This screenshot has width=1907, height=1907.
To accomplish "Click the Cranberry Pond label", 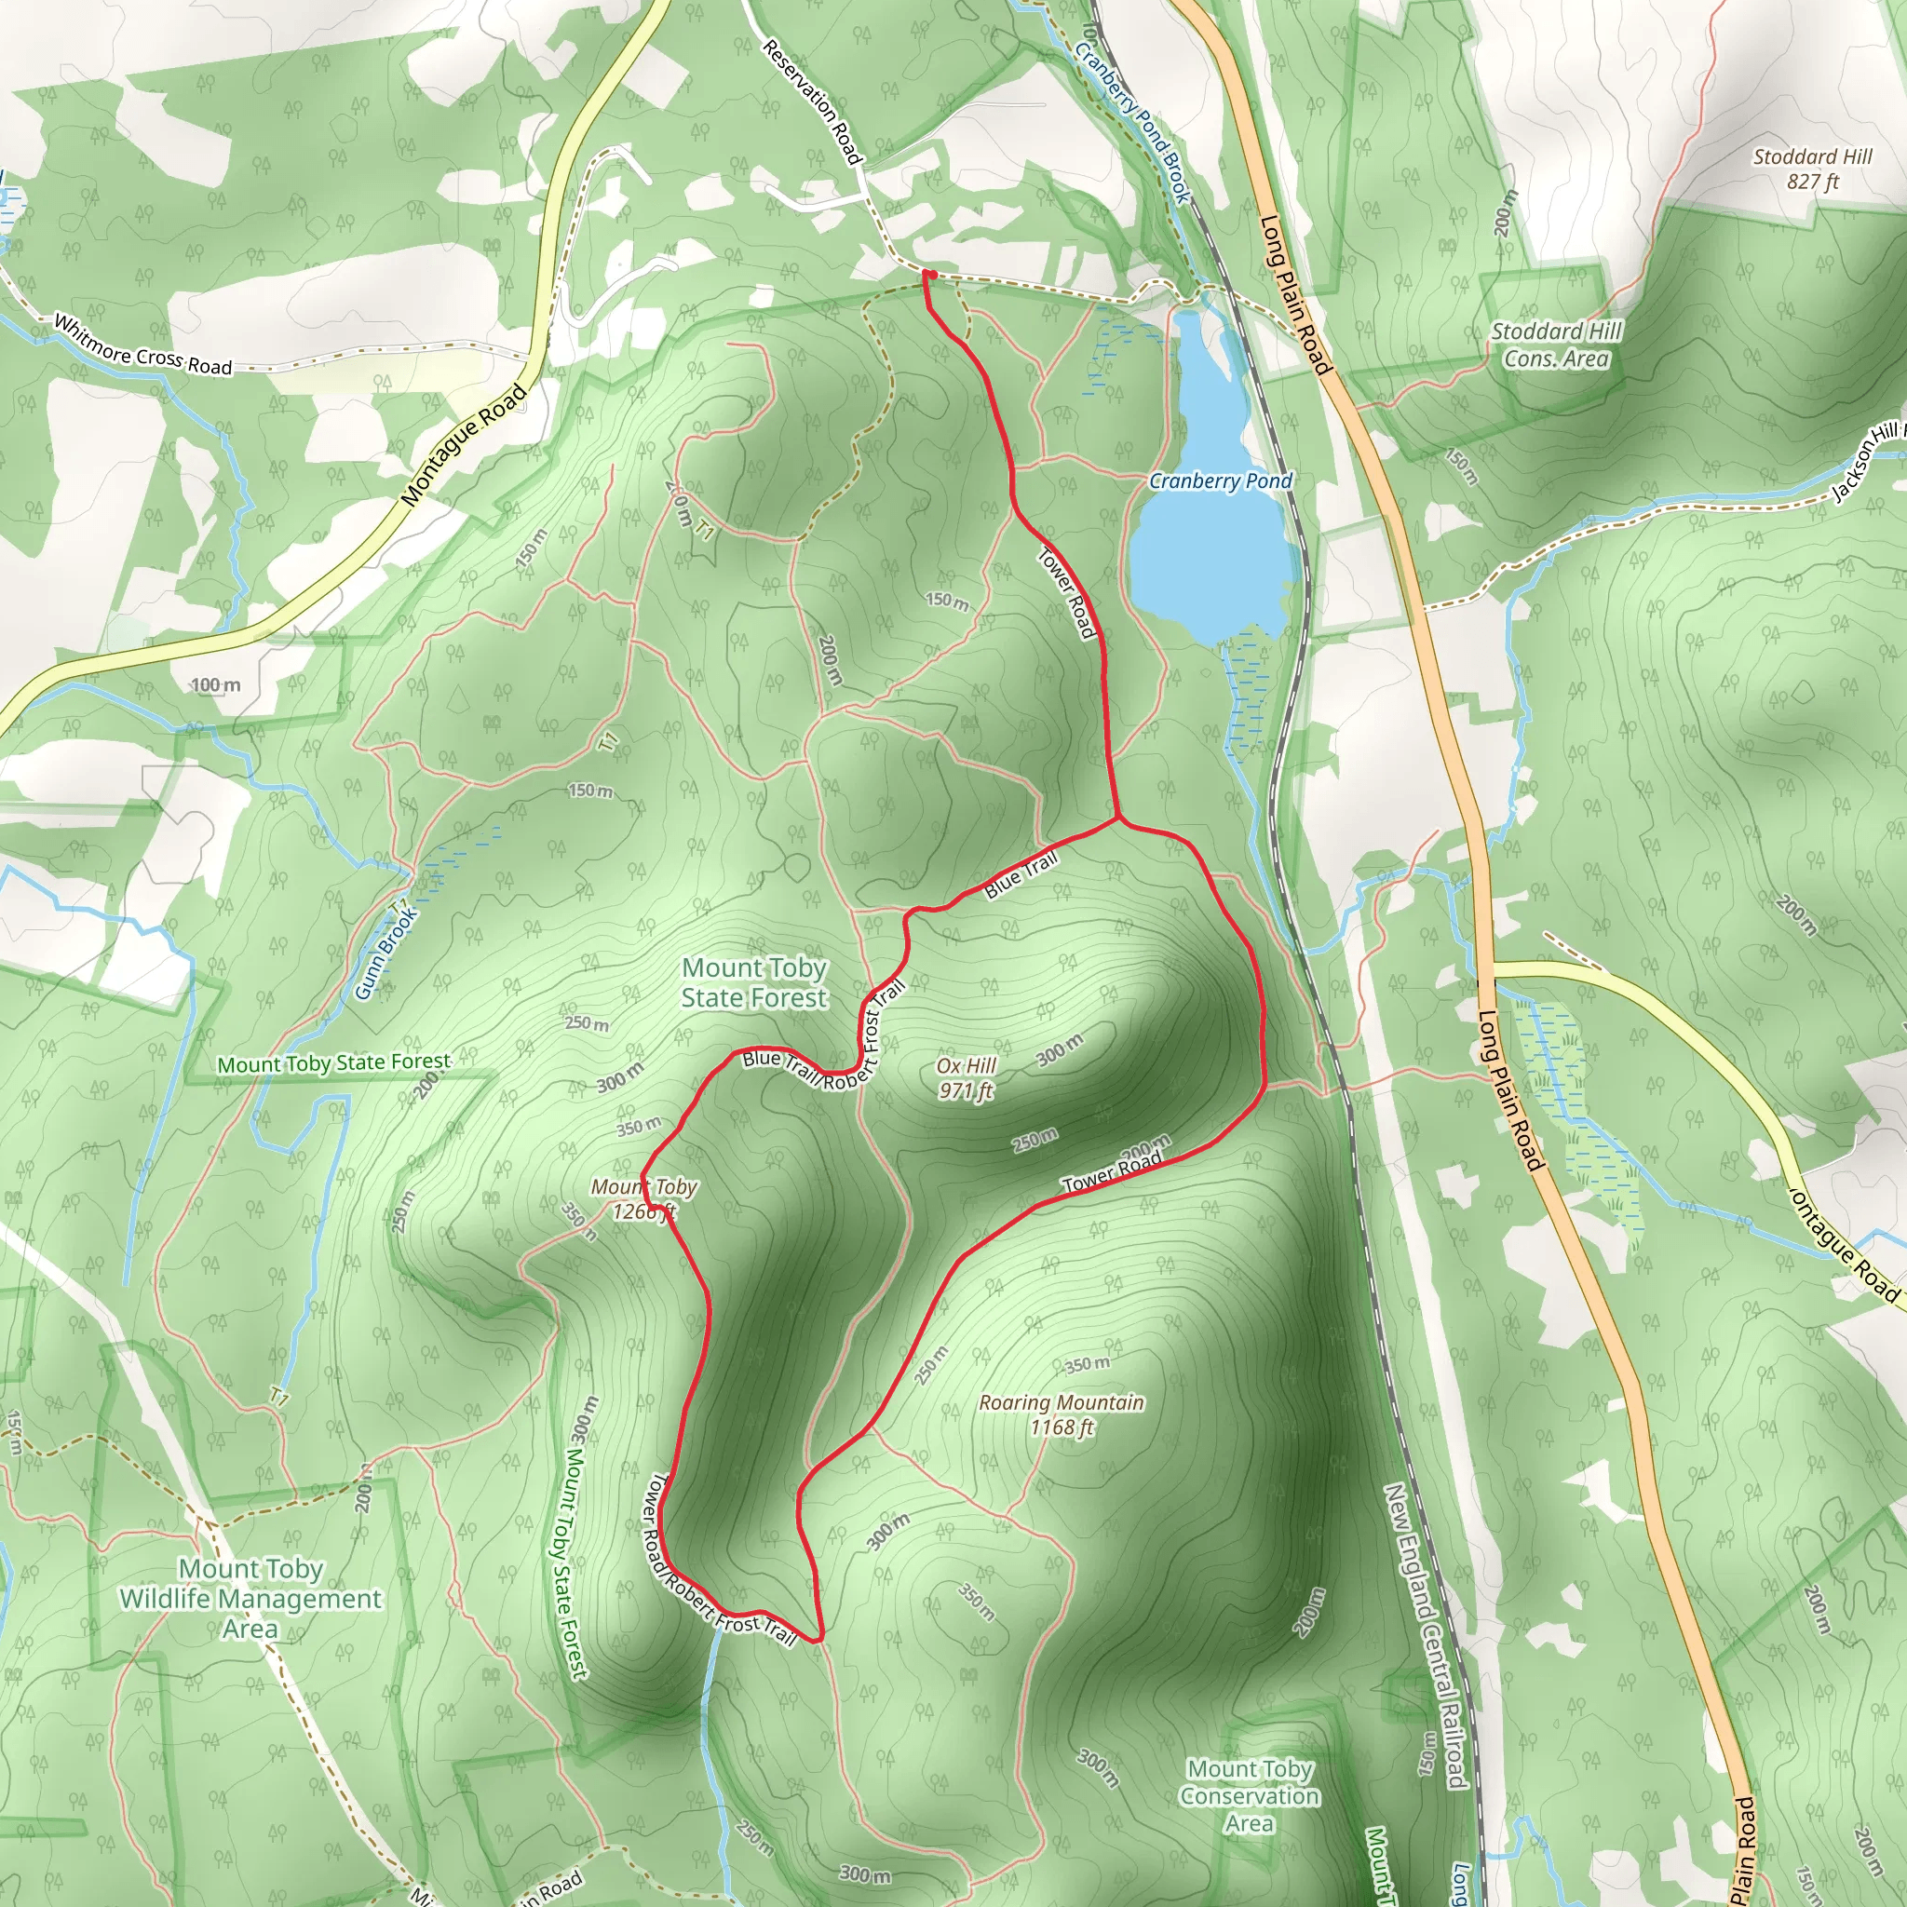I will point(1220,480).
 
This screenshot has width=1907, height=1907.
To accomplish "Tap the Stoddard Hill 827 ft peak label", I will point(1812,169).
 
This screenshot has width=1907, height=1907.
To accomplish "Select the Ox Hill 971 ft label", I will point(967,1078).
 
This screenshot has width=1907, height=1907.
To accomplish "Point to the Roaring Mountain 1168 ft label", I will point(1062,1414).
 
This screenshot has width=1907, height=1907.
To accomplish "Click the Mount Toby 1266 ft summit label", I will point(644,1198).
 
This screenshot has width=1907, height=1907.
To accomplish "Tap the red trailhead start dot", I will point(928,275).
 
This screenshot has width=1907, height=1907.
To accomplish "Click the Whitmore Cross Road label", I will point(142,345).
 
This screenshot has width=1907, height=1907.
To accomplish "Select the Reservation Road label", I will point(813,101).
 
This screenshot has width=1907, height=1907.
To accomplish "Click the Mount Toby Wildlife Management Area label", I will point(250,1598).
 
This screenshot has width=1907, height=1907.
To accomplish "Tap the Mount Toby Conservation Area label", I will point(1250,1795).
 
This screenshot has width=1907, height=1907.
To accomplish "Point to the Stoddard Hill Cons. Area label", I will point(1556,345).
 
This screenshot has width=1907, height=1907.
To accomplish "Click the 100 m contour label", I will point(215,685).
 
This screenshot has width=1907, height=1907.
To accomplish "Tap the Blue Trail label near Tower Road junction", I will point(1021,874).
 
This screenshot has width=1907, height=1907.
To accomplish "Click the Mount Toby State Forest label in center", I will point(754,982).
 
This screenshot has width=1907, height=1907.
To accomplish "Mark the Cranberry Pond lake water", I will point(1210,562).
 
